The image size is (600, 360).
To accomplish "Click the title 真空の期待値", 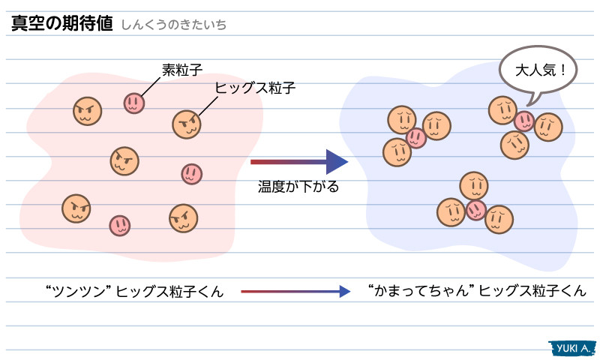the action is [61, 22].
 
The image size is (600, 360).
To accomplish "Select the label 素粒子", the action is [181, 70].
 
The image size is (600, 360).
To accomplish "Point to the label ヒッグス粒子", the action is [255, 88].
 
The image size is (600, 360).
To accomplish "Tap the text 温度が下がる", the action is [298, 187].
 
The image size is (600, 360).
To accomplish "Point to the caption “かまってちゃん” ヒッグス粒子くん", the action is [478, 291].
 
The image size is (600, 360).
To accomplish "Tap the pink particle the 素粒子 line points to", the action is [133, 103].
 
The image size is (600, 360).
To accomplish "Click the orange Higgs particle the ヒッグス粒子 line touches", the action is [187, 124].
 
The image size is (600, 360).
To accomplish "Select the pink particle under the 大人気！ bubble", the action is [523, 121].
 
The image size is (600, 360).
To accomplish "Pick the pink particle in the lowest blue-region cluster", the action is [475, 209].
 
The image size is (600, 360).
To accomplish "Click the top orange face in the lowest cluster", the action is [474, 185].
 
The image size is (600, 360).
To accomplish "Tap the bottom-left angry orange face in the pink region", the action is [76, 208].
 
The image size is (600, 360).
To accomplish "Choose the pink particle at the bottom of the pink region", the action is [119, 225].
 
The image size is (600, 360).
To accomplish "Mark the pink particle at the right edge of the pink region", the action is [191, 174].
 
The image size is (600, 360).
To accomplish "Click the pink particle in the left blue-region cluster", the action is [415, 138].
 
